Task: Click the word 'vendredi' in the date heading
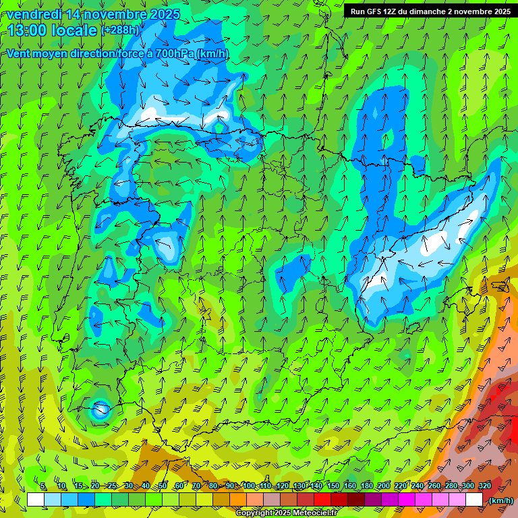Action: (x=34, y=14)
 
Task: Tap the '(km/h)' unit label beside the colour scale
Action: (x=500, y=500)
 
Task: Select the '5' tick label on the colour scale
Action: (x=43, y=486)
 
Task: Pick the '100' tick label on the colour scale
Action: (x=248, y=486)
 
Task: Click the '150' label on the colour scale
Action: (x=333, y=486)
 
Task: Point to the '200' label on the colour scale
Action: (x=384, y=486)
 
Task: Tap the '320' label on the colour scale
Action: (x=485, y=486)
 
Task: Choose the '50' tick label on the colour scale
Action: (x=163, y=486)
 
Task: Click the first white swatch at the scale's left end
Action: (x=36, y=500)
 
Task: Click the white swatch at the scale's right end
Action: (x=474, y=500)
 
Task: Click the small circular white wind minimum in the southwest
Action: (x=101, y=409)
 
